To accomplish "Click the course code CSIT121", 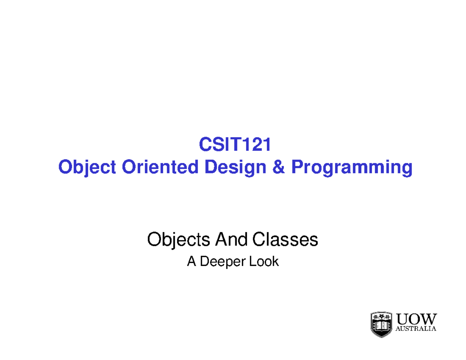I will click(235, 146).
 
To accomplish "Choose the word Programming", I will click(352, 169).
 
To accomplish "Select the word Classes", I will click(285, 240).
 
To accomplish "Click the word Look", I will click(264, 262).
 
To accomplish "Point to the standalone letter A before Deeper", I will click(191, 262).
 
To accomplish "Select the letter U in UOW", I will click(403, 320).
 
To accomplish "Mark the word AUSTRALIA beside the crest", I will click(416, 329).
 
